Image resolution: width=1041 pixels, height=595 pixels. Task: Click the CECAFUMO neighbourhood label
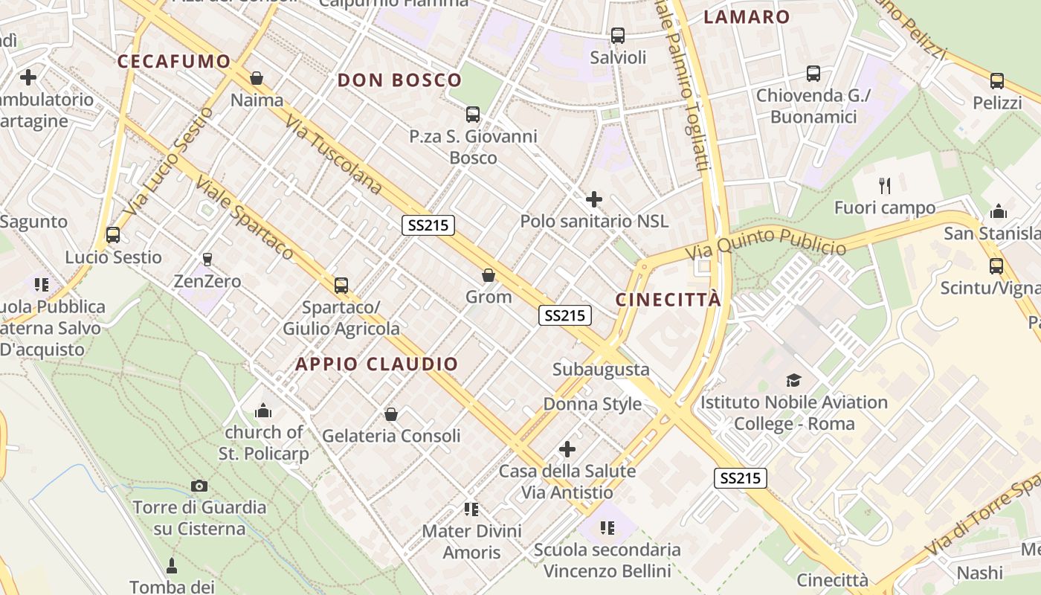tap(174, 62)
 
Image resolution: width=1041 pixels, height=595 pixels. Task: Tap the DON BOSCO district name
tap(400, 80)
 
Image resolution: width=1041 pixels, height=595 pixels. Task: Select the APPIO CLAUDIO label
tap(377, 364)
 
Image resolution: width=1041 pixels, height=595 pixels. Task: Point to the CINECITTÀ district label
tap(668, 300)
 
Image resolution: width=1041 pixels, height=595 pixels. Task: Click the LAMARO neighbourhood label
tap(747, 17)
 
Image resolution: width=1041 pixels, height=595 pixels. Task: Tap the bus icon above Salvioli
tap(618, 35)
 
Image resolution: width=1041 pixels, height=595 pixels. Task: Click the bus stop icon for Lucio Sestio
tap(113, 235)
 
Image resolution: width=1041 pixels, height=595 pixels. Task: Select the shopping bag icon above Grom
tap(489, 275)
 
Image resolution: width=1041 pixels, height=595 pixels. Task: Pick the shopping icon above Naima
tap(257, 78)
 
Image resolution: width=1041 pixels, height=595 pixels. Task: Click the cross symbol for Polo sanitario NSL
tap(594, 199)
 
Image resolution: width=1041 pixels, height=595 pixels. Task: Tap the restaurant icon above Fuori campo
tap(885, 185)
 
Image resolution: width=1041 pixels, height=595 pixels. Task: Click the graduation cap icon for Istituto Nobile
tap(794, 381)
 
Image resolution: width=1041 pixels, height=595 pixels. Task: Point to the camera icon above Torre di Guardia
tap(199, 486)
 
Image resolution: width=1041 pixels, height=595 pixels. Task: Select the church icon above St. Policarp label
tap(263, 411)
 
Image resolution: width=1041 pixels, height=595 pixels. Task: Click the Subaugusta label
tap(601, 369)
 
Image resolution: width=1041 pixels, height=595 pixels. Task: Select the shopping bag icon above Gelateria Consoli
tap(391, 414)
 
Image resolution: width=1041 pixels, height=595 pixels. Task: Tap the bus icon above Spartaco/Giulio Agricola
tap(341, 285)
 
